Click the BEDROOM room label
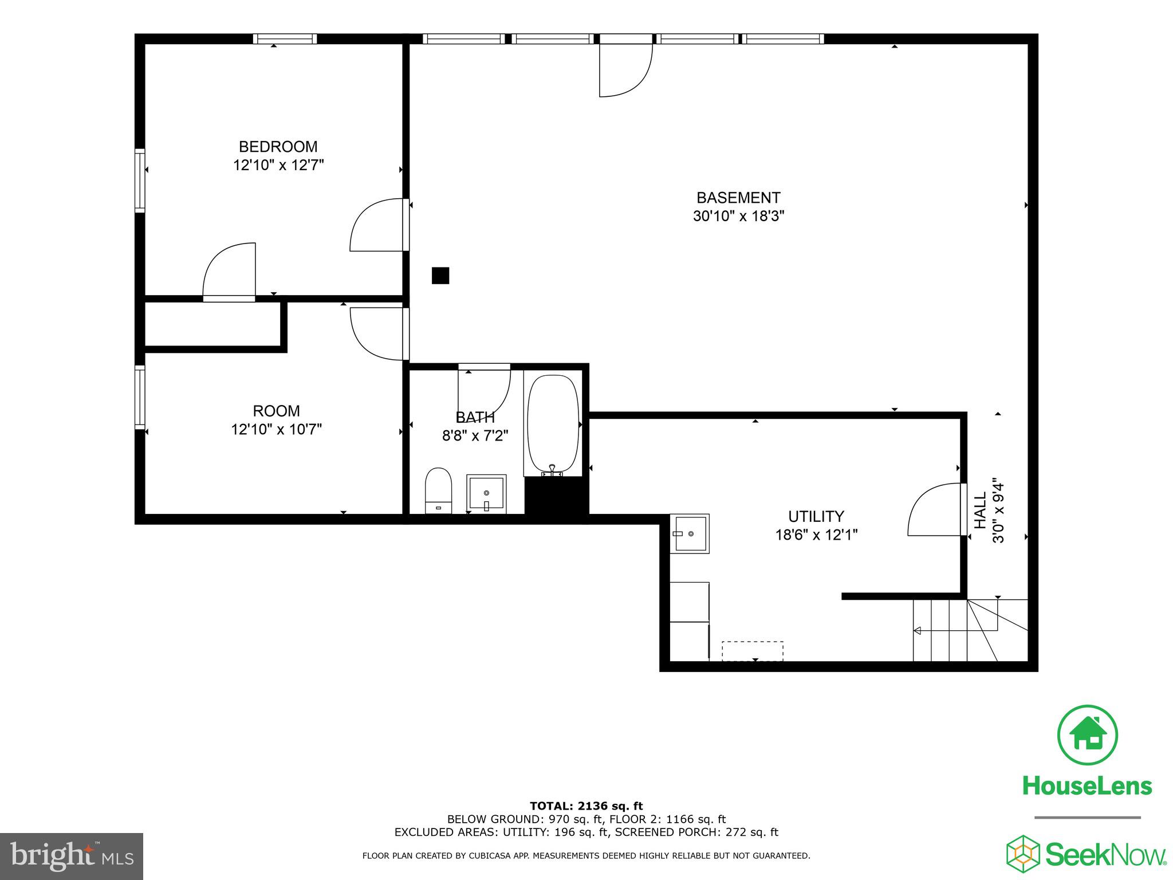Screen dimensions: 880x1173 tap(278, 147)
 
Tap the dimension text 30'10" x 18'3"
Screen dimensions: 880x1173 tap(738, 217)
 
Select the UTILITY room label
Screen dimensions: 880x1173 tap(816, 516)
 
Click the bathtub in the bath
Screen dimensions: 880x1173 tap(553, 424)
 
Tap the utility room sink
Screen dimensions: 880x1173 tap(690, 533)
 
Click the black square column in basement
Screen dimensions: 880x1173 tap(440, 276)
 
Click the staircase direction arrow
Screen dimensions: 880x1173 tap(916, 631)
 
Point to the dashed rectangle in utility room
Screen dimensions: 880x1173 tap(752, 651)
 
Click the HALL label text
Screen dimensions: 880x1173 tap(981, 510)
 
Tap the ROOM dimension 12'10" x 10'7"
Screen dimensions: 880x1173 tap(277, 429)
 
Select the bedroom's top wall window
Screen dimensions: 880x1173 tap(285, 39)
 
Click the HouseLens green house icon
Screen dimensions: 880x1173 tap(1087, 734)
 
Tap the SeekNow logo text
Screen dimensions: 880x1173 tap(1105, 855)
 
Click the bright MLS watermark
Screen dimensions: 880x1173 tap(72, 857)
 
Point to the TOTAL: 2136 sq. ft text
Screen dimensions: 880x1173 tap(586, 806)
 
